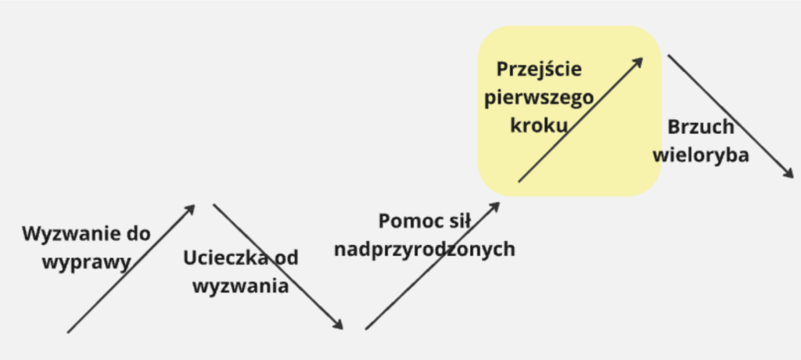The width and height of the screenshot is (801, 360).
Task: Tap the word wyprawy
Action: pos(86,263)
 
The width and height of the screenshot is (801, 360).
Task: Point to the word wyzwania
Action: pos(241,286)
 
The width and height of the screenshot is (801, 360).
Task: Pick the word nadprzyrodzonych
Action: pos(425,249)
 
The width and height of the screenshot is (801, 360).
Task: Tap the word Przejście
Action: pos(539,69)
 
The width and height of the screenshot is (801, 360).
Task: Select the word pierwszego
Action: pos(539,97)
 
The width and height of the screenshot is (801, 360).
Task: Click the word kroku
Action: pos(539,124)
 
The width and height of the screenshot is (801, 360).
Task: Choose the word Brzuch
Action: pos(701,127)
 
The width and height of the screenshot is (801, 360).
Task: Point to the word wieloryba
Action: pos(701,155)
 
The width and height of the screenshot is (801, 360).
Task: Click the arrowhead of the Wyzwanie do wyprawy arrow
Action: pos(191,208)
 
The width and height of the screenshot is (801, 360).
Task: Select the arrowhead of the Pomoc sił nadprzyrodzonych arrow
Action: pos(495,206)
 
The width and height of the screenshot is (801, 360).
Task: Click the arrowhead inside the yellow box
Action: pos(638,62)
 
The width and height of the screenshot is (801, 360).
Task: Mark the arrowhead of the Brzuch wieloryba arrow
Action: pos(788,174)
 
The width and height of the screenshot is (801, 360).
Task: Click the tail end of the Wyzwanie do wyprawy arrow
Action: pos(68,333)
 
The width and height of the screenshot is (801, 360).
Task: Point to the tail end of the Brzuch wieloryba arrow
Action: pos(668,56)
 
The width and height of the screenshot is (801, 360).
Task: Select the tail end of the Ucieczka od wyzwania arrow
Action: pos(214,204)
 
